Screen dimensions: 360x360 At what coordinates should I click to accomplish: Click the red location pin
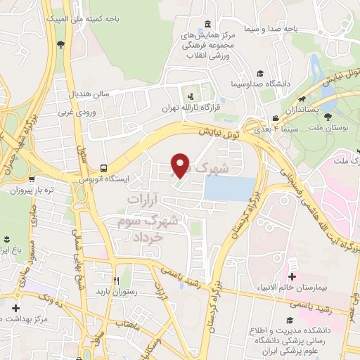click(x=181, y=165)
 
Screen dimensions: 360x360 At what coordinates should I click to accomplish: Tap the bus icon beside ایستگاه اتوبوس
click(x=104, y=168)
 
